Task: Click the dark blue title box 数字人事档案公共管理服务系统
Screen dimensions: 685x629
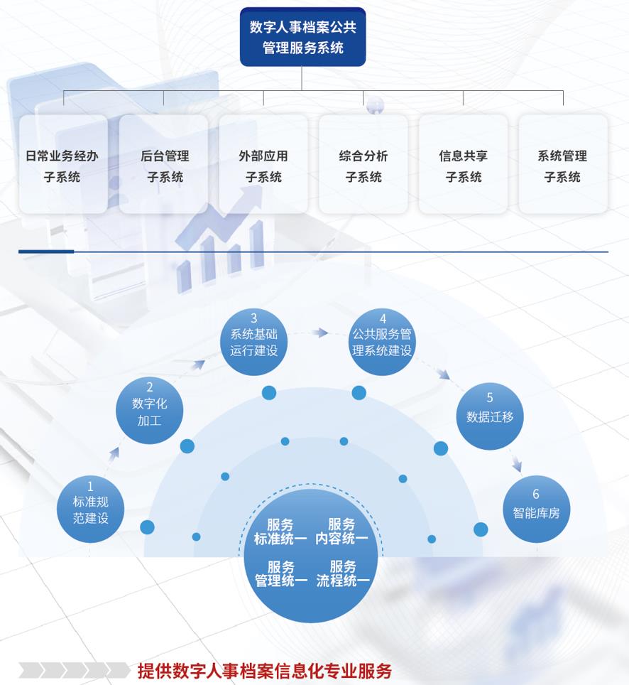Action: point(302,37)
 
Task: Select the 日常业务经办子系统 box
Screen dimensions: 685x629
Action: point(63,165)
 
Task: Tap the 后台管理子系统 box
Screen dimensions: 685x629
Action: point(164,165)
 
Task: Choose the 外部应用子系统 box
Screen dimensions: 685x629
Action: point(263,165)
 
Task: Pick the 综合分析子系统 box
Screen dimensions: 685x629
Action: point(363,165)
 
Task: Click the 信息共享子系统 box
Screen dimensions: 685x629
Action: point(464,165)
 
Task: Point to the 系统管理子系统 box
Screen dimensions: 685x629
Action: point(563,165)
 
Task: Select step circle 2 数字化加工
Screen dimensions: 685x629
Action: point(150,410)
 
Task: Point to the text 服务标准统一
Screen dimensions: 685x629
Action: point(280,532)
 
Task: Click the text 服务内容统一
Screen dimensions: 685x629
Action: point(342,532)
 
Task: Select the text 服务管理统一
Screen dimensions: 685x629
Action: point(281,573)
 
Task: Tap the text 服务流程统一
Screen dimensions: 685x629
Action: point(343,573)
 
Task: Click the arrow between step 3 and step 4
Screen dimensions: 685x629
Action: point(322,332)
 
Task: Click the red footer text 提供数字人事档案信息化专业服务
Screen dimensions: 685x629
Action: point(264,670)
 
